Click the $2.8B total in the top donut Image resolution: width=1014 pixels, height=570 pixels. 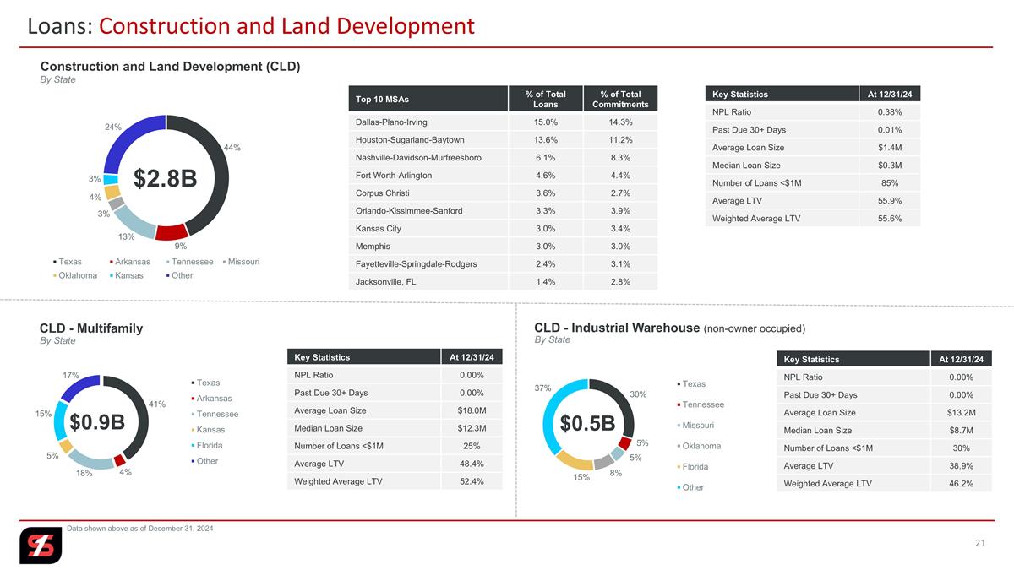click(166, 178)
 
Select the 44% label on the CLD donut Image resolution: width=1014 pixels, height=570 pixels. click(232, 148)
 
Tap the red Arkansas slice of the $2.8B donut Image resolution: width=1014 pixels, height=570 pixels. click(172, 232)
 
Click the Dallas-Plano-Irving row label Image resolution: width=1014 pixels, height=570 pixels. click(391, 122)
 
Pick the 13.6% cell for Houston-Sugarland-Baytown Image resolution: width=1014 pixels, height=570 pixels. click(546, 140)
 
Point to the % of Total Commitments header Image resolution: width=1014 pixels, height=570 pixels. click(620, 99)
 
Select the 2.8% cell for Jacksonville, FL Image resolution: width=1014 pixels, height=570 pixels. click(620, 281)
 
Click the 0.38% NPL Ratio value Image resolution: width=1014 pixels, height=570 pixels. click(890, 111)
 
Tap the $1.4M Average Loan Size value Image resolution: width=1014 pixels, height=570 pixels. click(890, 148)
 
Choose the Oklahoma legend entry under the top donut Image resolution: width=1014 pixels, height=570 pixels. click(75, 275)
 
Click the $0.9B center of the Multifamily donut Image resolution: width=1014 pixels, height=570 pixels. click(97, 422)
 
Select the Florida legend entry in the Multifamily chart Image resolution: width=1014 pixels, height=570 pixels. click(207, 445)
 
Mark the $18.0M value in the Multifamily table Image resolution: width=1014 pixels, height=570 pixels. click(472, 410)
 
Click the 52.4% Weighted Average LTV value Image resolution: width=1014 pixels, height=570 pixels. click(472, 481)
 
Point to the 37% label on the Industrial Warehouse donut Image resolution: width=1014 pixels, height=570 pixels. click(542, 388)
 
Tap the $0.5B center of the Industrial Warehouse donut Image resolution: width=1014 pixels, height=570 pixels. click(587, 423)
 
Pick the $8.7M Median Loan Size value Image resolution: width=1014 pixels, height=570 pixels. click(961, 430)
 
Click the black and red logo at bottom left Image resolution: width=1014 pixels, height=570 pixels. click(41, 546)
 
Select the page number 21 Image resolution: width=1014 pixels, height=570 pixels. click(980, 543)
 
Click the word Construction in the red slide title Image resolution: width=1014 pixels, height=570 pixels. click(165, 26)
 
